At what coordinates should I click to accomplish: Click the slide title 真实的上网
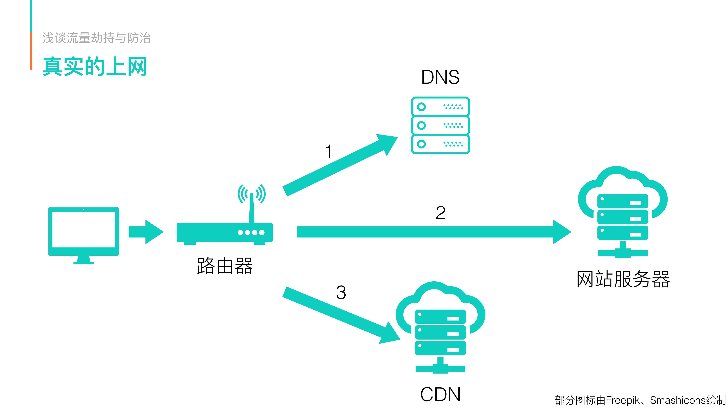[95, 67]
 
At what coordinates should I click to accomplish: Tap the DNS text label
[440, 77]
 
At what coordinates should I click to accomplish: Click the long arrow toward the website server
[432, 232]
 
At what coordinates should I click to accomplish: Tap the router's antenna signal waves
[252, 194]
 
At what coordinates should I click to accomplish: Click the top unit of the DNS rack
[440, 107]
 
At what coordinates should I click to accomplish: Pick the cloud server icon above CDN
[440, 327]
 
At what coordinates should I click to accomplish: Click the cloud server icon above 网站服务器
[623, 212]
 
